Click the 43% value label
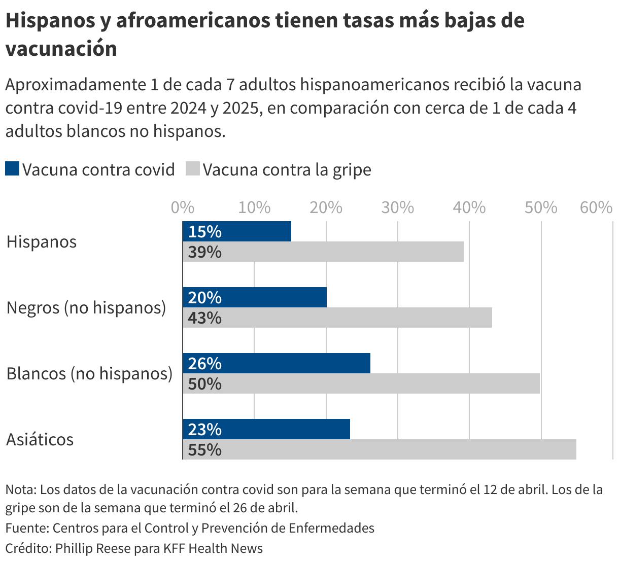(204, 318)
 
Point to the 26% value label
(204, 364)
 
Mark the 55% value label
(204, 450)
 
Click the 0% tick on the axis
(183, 207)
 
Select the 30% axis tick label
(398, 207)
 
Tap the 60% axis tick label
(596, 207)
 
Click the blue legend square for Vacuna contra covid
(12, 169)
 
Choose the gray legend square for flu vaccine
(192, 169)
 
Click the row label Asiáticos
(40, 439)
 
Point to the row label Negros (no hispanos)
(86, 307)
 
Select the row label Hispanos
(42, 241)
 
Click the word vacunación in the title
(61, 49)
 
